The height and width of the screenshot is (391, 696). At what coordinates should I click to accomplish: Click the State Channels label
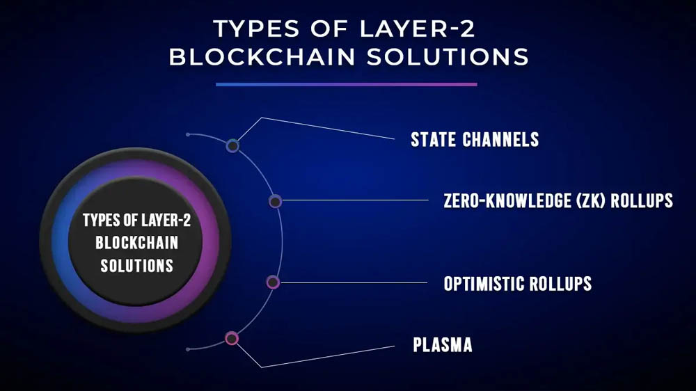point(475,139)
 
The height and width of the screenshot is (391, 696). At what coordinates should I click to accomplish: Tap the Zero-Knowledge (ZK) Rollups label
point(558,200)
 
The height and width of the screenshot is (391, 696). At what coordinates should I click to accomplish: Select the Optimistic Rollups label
point(518,284)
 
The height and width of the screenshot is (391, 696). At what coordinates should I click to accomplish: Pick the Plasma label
point(443,345)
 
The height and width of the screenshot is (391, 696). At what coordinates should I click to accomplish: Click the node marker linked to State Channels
point(232,145)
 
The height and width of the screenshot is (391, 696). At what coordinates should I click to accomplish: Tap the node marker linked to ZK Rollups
point(275,202)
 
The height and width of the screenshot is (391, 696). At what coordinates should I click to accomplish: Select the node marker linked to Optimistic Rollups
point(273,282)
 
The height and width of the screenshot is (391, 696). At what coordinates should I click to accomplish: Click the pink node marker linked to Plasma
point(232,339)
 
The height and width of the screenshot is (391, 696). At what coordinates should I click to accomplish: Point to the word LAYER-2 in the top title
point(417,29)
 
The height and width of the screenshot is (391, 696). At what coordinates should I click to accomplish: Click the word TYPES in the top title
point(256,29)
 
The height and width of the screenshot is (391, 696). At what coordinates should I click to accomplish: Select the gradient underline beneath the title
point(347,84)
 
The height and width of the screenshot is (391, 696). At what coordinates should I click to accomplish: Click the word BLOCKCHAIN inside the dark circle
point(136,243)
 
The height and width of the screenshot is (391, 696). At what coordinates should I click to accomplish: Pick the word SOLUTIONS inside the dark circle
point(136,266)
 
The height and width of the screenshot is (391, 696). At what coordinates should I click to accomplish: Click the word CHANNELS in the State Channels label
point(500,139)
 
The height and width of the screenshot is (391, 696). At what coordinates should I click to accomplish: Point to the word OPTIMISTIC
point(484,284)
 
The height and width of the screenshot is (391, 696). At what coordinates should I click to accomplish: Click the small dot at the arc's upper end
point(188,134)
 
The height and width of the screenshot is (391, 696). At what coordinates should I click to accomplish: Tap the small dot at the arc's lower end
point(188,350)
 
